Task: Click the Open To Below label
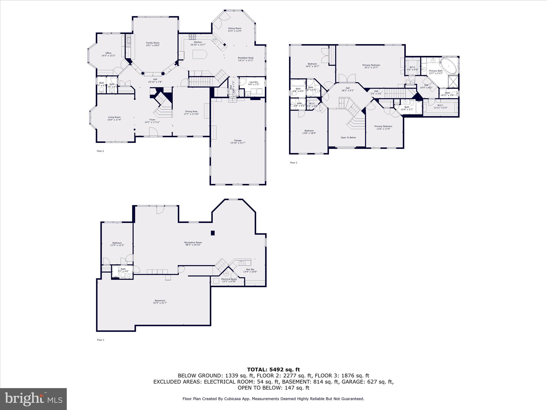tap(348, 137)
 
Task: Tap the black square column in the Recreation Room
tap(213, 233)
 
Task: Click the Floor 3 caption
tap(293, 163)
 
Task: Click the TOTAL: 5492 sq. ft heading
tap(273, 370)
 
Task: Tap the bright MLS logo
tap(33, 399)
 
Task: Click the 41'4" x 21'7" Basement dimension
tap(160, 303)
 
